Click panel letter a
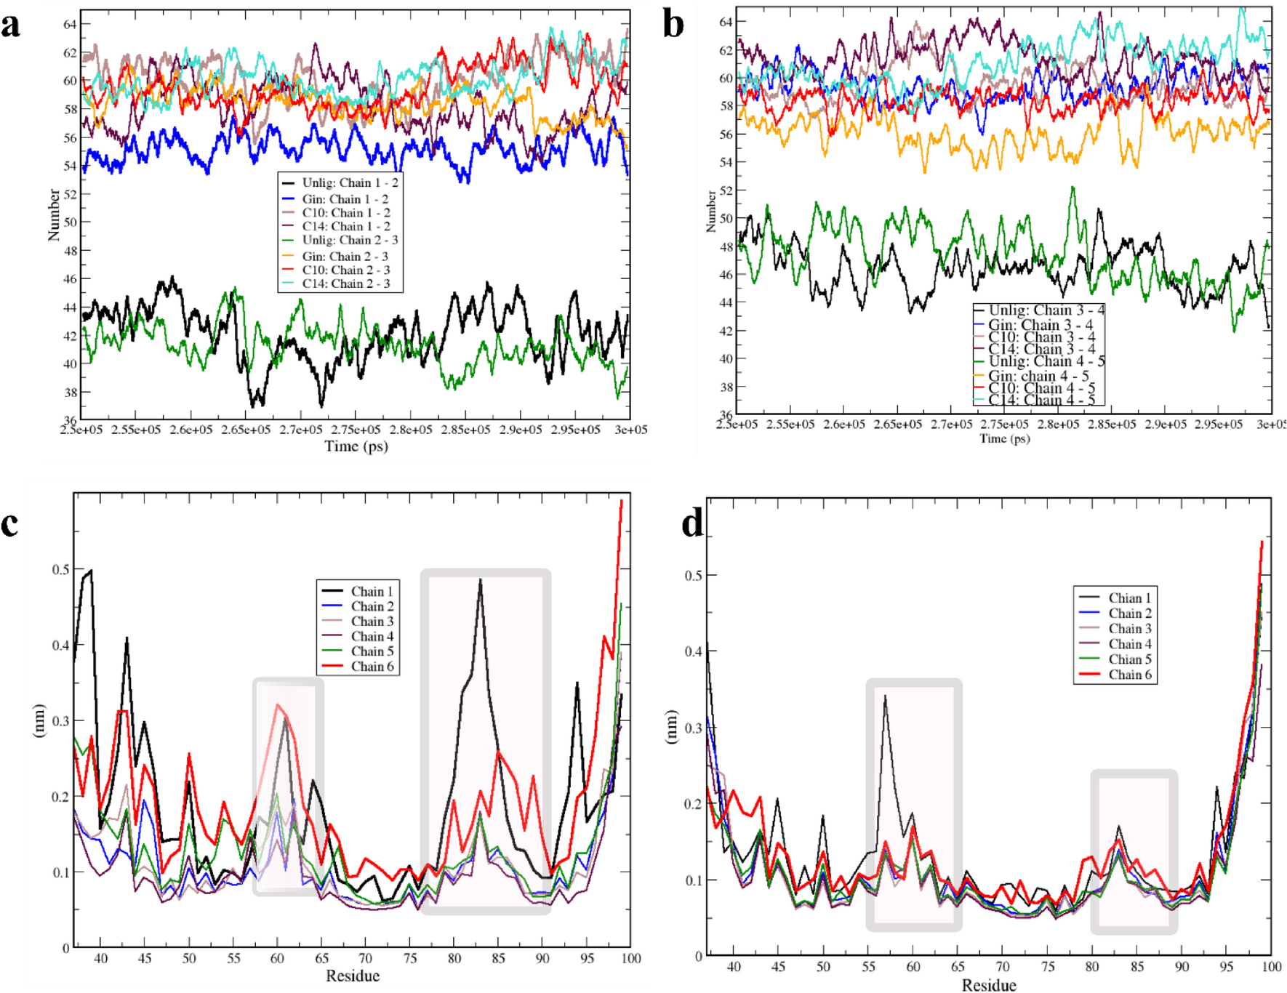11,25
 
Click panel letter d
692,523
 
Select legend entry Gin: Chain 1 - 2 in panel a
345,199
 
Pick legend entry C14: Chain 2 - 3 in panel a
345,284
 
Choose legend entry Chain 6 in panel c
372,667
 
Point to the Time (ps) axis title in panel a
356,446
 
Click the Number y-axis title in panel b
711,212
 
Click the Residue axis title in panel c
352,976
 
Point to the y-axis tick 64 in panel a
70,25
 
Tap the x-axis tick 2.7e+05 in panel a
300,430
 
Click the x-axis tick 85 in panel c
498,958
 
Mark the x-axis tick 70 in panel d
1003,966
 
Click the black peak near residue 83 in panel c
481,580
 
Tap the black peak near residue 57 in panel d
885,696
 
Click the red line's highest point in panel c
622,501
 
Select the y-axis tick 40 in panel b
726,358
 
